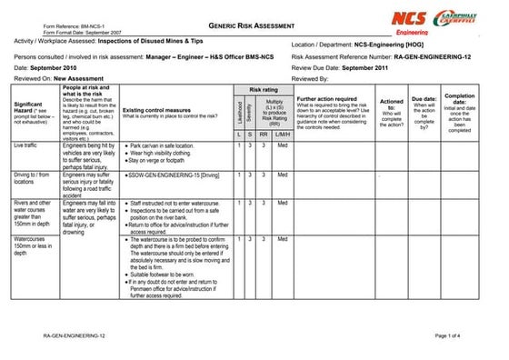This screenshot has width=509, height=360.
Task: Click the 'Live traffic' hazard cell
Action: coord(25,145)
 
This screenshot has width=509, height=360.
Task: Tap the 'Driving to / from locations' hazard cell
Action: coord(31,176)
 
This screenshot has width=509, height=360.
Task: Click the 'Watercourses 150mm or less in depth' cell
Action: coord(34,247)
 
